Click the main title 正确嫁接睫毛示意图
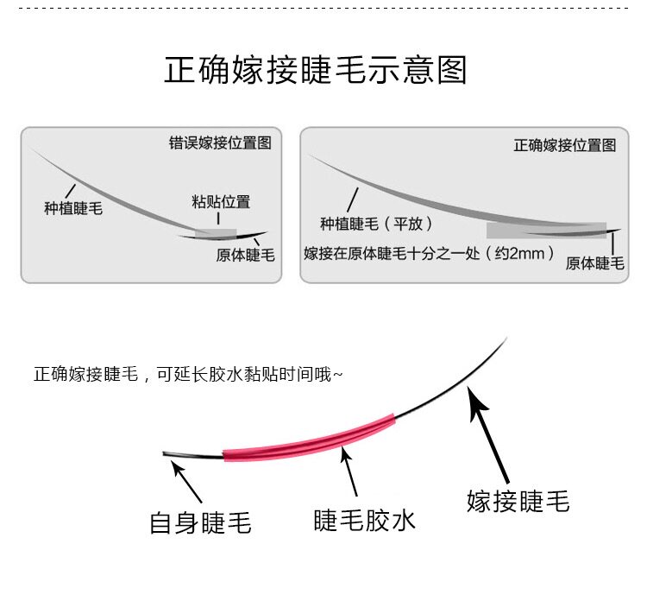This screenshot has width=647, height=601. pyautogui.click(x=316, y=70)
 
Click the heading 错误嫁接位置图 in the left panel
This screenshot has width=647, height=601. pyautogui.click(x=220, y=143)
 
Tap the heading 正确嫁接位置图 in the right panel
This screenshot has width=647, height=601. pyautogui.click(x=565, y=145)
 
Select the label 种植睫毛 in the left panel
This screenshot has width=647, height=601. pyautogui.click(x=73, y=208)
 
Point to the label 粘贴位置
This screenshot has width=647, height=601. pyautogui.click(x=221, y=202)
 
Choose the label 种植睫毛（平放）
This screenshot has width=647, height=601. pyautogui.click(x=375, y=224)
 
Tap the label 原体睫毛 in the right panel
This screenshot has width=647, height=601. pyautogui.click(x=594, y=263)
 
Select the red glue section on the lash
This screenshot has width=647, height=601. pyautogui.click(x=310, y=438)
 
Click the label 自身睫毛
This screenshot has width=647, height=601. pyautogui.click(x=201, y=522)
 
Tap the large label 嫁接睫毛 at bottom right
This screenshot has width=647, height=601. pyautogui.click(x=518, y=501)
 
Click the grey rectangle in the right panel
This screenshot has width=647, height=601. pyautogui.click(x=545, y=231)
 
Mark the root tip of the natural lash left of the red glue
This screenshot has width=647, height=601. pyautogui.click(x=166, y=452)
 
